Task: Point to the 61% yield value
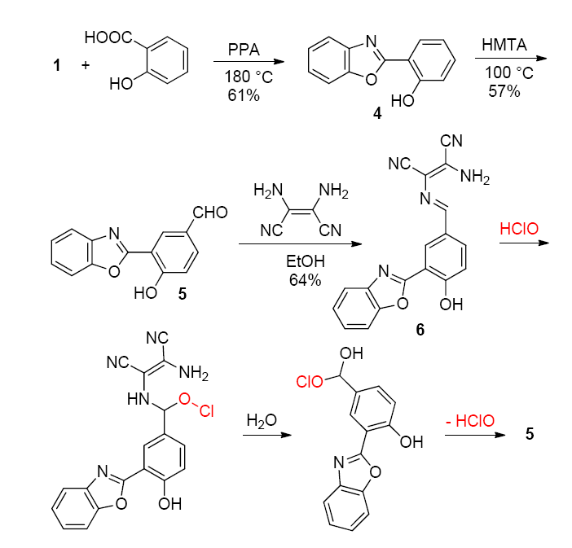243,96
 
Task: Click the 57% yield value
503,92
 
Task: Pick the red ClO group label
310,380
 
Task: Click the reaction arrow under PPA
245,61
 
